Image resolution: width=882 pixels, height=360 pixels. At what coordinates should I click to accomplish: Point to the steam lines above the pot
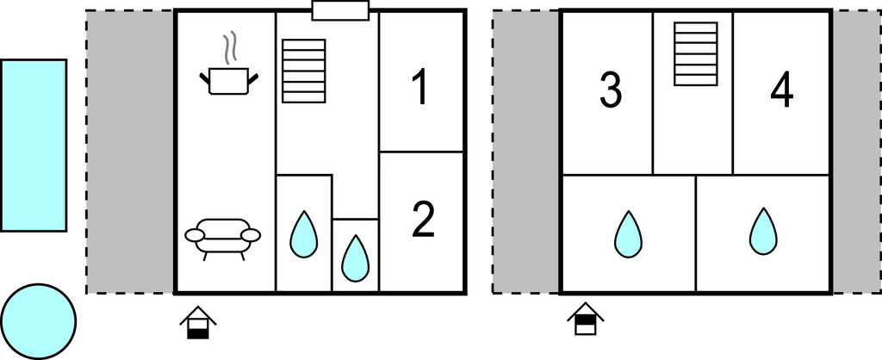[229, 49]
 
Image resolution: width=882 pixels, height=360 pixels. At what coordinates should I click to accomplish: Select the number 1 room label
[419, 89]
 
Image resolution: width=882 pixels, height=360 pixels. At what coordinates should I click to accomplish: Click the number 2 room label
[423, 220]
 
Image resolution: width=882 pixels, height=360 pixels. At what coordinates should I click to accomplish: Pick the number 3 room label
[610, 90]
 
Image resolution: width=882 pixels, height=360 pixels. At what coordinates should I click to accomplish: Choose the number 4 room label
[782, 90]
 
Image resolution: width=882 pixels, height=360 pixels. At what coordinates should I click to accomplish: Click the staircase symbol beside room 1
[304, 71]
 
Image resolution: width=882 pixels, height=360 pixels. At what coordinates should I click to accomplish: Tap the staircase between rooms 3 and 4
[695, 53]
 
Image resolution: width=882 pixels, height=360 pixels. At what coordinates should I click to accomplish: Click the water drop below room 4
[763, 232]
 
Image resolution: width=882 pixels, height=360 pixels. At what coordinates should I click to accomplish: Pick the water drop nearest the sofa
[303, 234]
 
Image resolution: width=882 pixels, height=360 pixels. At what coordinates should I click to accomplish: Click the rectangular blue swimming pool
[34, 145]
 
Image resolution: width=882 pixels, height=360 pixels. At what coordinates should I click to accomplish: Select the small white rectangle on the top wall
[340, 10]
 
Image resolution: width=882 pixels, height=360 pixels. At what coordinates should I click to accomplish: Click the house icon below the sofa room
[198, 323]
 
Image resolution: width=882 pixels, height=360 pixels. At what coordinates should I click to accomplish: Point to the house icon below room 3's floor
[585, 320]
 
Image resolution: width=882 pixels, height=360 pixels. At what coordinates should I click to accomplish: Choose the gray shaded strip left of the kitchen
[130, 152]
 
